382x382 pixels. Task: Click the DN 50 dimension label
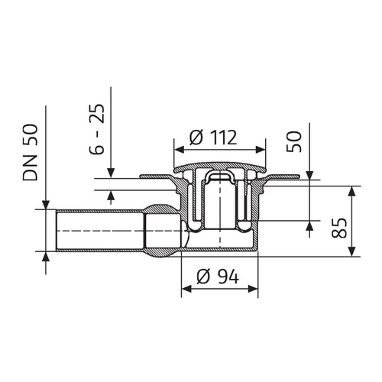pos(31,152)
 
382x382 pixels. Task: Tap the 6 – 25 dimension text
pos(97,129)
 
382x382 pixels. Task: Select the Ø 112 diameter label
pos(213,138)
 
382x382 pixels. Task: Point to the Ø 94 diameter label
pos(218,277)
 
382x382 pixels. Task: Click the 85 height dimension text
pos(339,228)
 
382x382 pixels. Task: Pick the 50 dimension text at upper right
pos(293,141)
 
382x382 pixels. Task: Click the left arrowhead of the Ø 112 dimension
pos(179,150)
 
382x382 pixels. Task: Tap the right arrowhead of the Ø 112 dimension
pos(261,150)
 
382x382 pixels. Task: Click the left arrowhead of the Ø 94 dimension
pos(186,289)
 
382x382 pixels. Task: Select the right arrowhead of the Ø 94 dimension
pos(253,289)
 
